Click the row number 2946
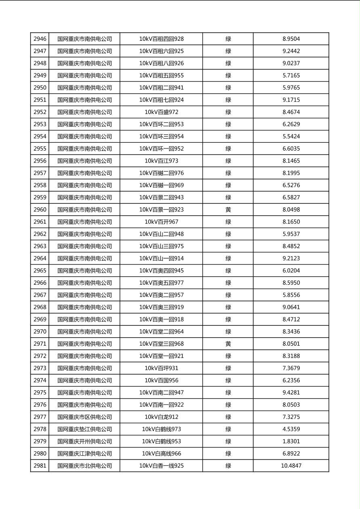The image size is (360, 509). [x=40, y=39]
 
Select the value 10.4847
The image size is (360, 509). [x=291, y=466]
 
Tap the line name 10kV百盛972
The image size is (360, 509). [x=161, y=112]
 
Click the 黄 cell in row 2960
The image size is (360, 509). [x=228, y=210]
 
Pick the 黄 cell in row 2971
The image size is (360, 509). [x=228, y=344]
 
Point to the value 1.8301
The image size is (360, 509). [x=291, y=441]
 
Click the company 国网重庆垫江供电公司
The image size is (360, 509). [x=84, y=429]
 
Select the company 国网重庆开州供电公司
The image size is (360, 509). [x=84, y=441]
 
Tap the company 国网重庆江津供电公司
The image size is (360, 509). [x=84, y=454]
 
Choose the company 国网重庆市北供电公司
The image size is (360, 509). [x=84, y=466]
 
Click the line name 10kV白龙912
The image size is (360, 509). [x=161, y=417]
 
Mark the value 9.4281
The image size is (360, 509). [x=291, y=392]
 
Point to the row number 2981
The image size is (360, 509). [x=40, y=466]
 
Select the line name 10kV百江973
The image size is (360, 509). [x=161, y=161]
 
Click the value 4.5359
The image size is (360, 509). [x=291, y=429]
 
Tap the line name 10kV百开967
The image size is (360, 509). [x=161, y=222]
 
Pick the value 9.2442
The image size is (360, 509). [x=291, y=51]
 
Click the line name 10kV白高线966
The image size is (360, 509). [x=161, y=454]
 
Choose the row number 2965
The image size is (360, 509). [x=40, y=271]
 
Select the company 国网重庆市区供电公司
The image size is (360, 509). [x=84, y=417]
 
